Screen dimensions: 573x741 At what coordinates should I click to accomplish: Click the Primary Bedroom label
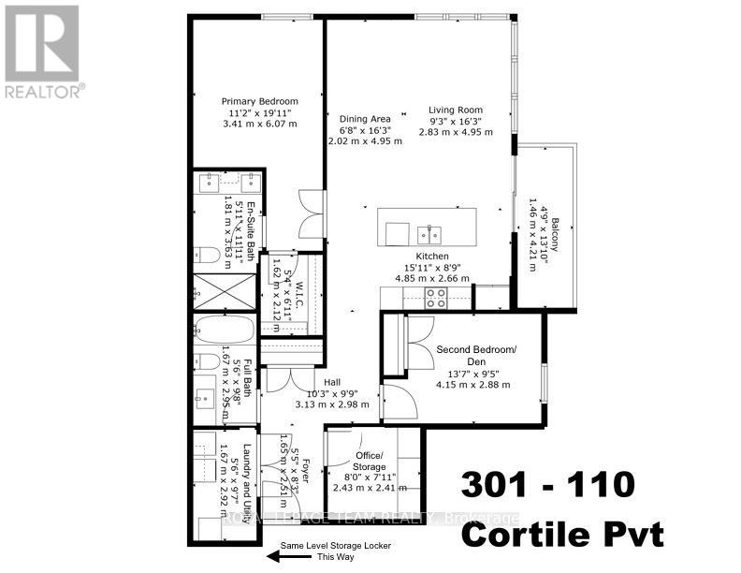259,101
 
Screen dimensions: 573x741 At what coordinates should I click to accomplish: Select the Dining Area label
365,118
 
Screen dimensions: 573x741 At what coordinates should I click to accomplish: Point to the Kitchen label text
433,256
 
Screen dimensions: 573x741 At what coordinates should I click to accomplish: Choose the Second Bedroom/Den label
476,356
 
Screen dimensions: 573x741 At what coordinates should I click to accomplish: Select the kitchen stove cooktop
436,297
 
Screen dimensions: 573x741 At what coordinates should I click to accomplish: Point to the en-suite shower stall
220,293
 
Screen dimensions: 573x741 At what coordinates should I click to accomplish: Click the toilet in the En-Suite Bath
209,252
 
